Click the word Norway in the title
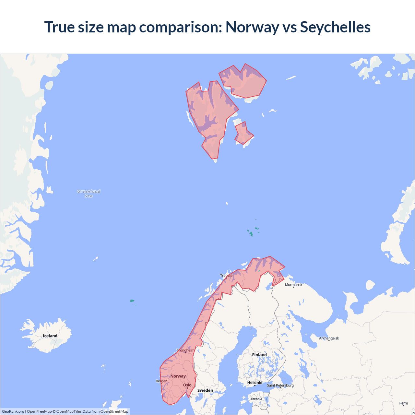[252, 27]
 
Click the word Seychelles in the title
[335, 27]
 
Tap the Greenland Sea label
[89, 194]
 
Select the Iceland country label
[50, 336]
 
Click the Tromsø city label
[226, 276]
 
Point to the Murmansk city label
[293, 285]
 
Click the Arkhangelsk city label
[329, 338]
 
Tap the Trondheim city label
[185, 350]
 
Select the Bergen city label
[161, 381]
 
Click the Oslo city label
[187, 385]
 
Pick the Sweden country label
[205, 390]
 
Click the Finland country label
[259, 355]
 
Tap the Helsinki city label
[255, 383]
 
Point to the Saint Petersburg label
[280, 385]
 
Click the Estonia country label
[256, 399]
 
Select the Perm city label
[403, 403]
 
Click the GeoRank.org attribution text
[13, 411]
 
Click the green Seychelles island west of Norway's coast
[132, 301]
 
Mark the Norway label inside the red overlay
[178, 376]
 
